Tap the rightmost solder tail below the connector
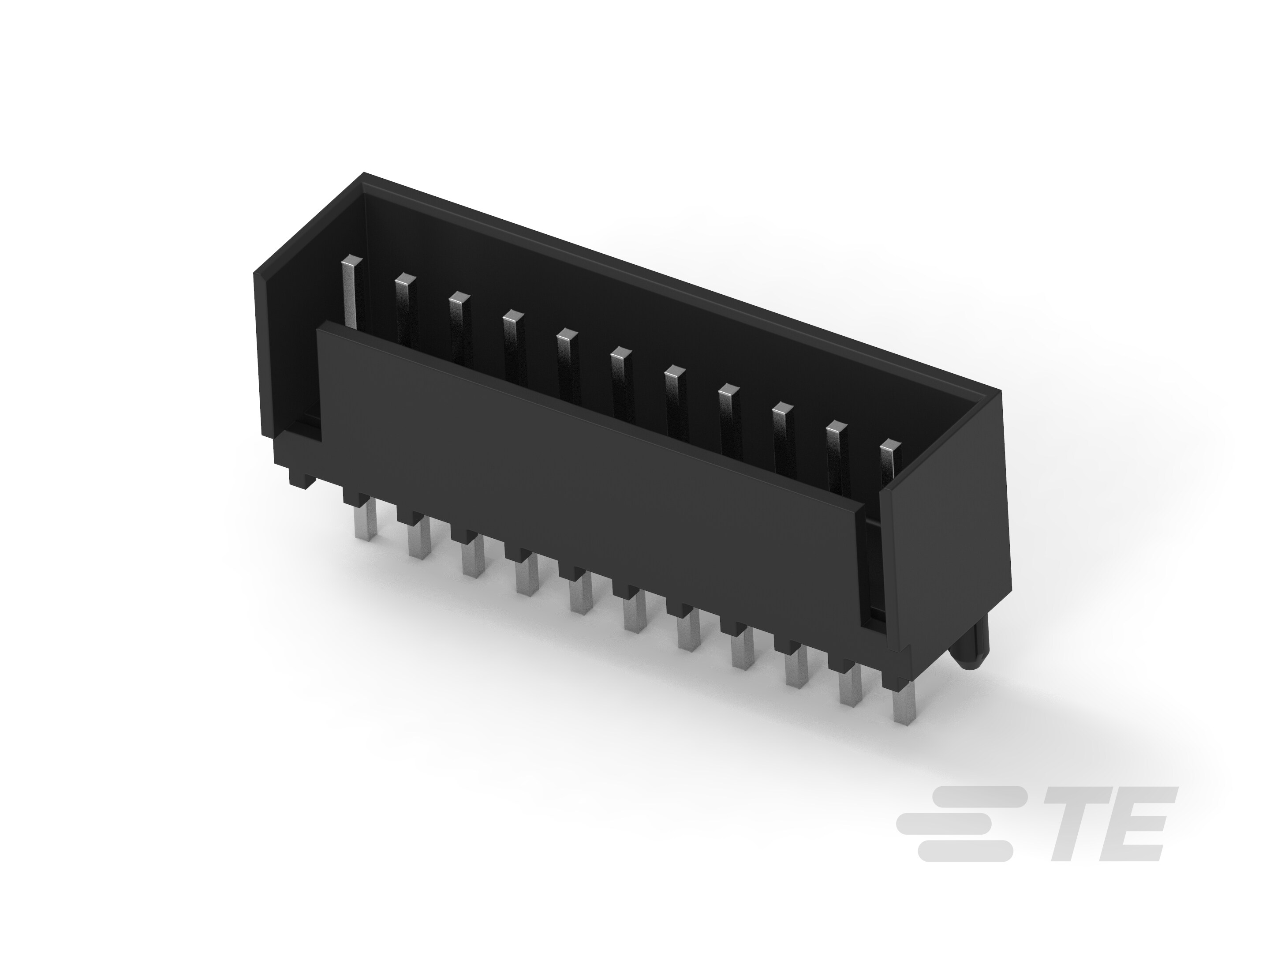pos(904,701)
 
